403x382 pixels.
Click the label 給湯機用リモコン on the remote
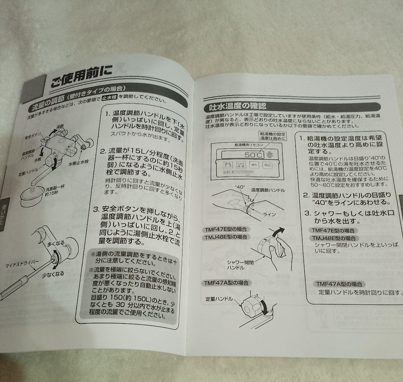248,144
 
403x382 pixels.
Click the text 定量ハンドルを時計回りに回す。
360,293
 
